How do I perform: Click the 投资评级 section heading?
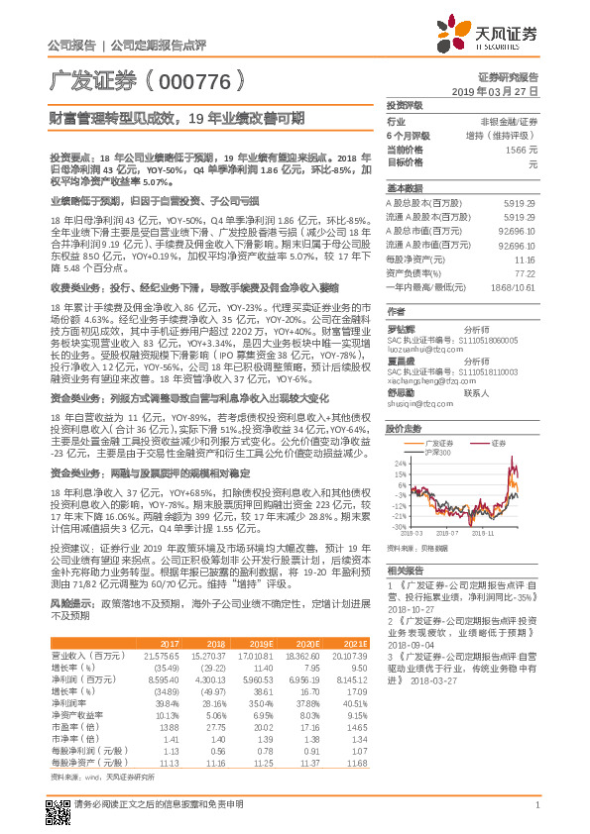pos(405,104)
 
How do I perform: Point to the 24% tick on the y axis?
pos(399,436)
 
